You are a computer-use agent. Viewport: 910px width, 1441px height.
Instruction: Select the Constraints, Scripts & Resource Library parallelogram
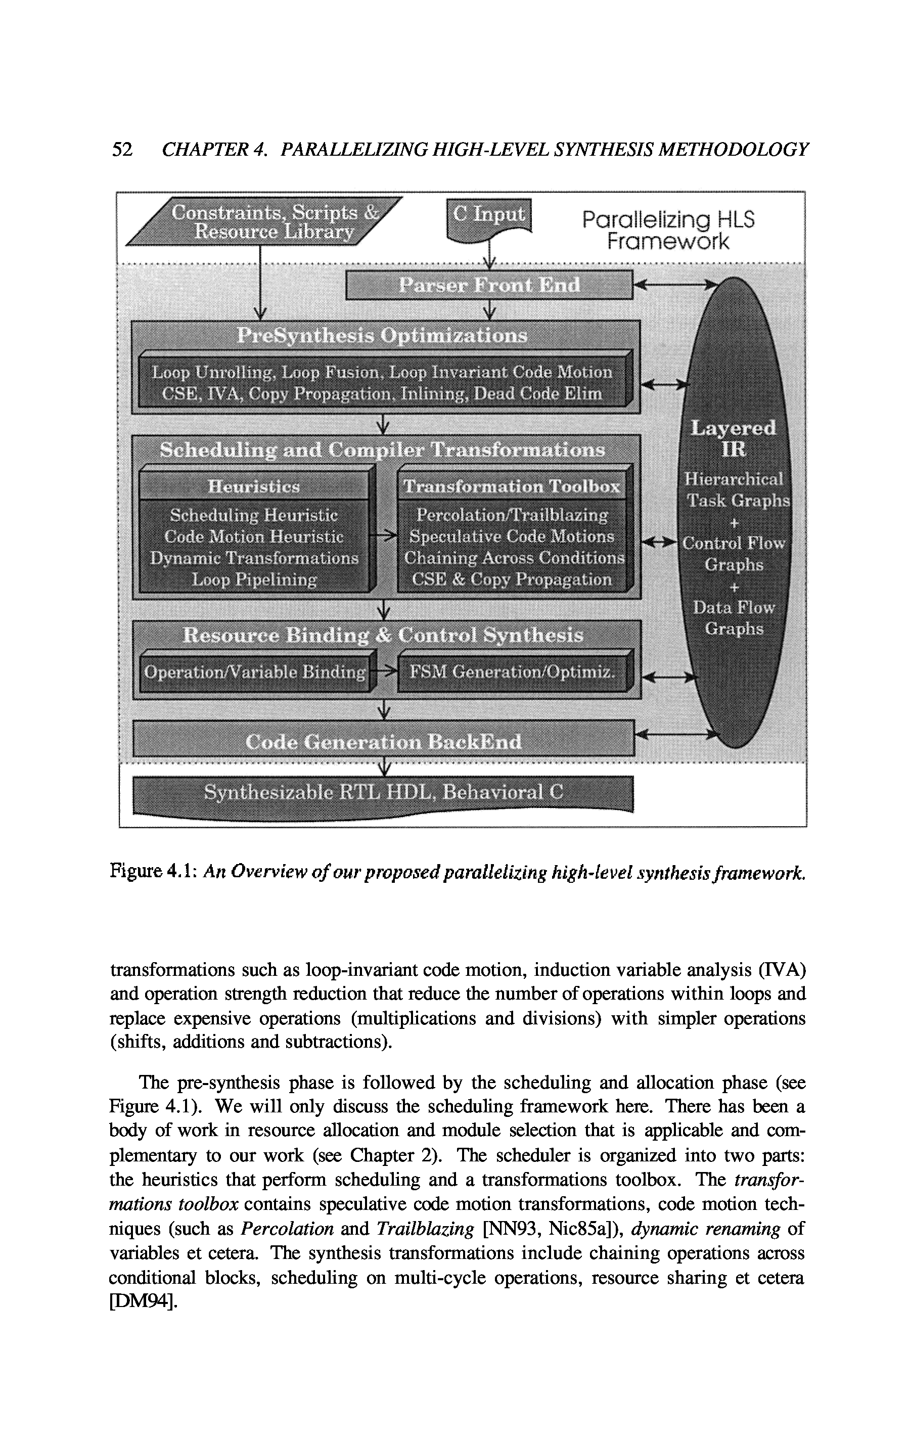264,222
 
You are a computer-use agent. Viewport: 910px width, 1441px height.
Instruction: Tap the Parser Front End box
489,285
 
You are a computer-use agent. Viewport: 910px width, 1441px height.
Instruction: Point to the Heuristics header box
254,486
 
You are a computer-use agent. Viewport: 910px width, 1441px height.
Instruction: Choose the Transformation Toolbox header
512,486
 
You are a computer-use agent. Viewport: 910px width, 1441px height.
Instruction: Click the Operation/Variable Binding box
255,672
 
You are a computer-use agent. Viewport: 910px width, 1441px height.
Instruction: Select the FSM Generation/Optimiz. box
512,672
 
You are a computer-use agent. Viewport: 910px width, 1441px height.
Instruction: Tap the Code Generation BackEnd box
383,742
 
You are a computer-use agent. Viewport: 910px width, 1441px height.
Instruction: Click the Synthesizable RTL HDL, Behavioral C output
383,793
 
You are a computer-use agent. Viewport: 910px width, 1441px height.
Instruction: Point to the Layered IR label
734,438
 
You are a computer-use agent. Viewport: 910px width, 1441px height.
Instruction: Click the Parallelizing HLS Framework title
668,231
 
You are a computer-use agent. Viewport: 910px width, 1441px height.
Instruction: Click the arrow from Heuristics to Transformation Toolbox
384,536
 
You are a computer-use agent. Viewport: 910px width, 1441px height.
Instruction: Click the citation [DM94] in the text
143,1301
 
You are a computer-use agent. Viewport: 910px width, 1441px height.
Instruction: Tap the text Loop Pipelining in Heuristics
254,579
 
